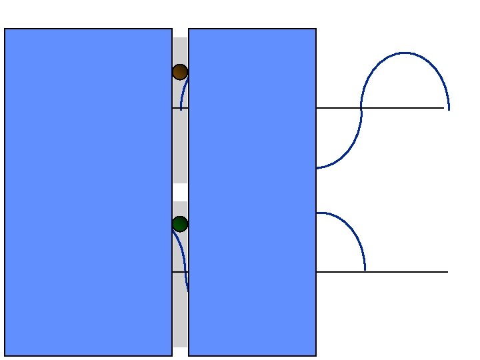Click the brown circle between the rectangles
tap(180, 72)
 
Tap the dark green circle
tap(180, 224)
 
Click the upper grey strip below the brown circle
tap(180, 147)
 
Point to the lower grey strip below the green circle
tap(180, 313)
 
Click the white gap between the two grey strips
tap(180, 192)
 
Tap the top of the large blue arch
tap(405, 53)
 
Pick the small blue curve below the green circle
tap(185, 260)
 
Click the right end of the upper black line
tap(443, 108)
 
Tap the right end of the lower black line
tap(447, 272)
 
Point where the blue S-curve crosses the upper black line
tap(361, 108)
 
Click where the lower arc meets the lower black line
tap(365, 271)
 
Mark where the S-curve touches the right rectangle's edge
tap(317, 168)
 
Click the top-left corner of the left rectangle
tap(5, 29)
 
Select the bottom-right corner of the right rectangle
tap(315, 355)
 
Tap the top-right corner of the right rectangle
tap(315, 29)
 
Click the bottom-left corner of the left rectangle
tap(5, 355)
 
